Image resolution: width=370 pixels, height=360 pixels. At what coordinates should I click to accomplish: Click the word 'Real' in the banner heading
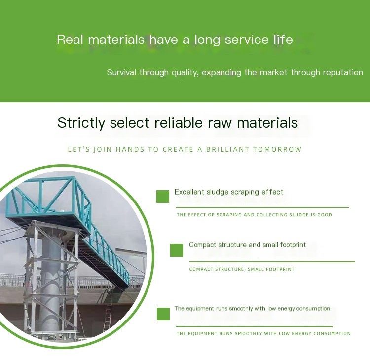[70, 40]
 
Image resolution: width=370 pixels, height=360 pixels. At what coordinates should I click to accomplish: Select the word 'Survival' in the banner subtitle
[121, 72]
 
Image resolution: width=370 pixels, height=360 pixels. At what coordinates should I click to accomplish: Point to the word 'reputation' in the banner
[343, 72]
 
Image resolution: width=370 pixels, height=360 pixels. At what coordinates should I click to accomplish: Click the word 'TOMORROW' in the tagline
[277, 149]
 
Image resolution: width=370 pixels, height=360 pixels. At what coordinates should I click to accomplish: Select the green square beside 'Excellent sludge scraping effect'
[163, 197]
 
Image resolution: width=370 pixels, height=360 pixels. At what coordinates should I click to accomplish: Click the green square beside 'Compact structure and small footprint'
[177, 250]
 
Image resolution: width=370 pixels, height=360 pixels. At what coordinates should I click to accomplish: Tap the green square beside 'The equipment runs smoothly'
[163, 314]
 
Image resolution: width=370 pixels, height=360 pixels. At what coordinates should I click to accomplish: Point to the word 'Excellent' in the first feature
[189, 192]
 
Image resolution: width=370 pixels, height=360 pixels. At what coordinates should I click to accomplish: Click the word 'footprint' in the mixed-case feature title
[293, 245]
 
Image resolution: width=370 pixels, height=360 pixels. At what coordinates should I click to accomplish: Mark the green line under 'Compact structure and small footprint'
[272, 262]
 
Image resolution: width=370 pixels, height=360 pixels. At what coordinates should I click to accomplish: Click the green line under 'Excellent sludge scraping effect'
[262, 207]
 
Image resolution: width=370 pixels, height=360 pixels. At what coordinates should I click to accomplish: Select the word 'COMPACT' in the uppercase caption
[201, 269]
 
